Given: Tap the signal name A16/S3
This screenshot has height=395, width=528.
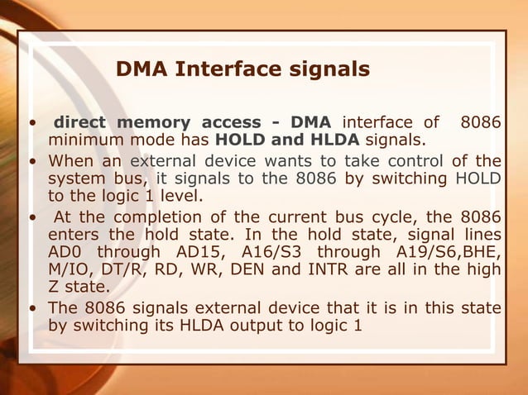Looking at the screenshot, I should [x=267, y=251].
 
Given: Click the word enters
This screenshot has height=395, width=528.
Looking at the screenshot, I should [x=74, y=236].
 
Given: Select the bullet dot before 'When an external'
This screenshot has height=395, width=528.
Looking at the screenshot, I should [x=31, y=160].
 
